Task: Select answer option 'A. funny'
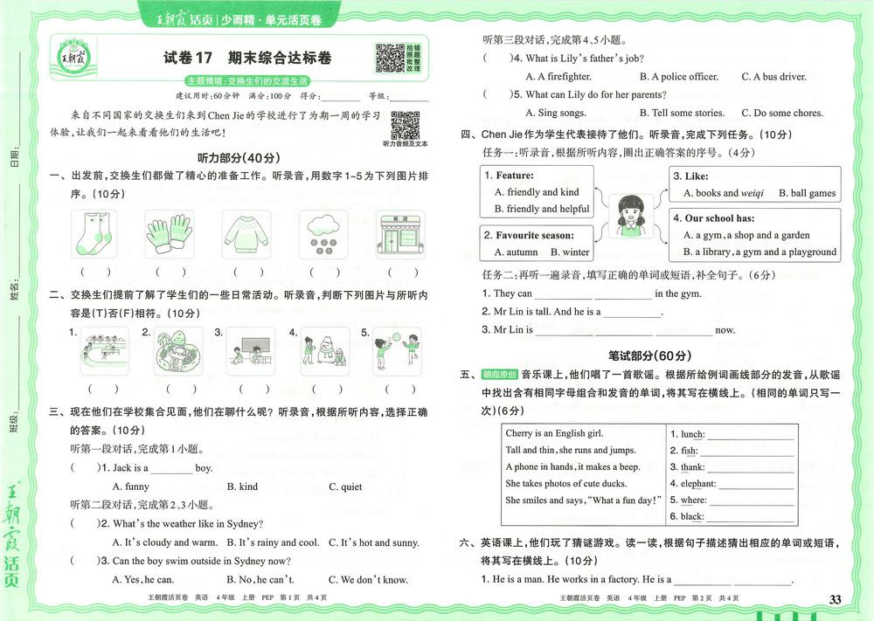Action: [x=130, y=486]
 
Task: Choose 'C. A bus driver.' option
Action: [x=773, y=77]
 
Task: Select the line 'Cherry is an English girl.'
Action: [x=554, y=433]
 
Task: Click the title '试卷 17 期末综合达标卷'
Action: [x=248, y=59]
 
